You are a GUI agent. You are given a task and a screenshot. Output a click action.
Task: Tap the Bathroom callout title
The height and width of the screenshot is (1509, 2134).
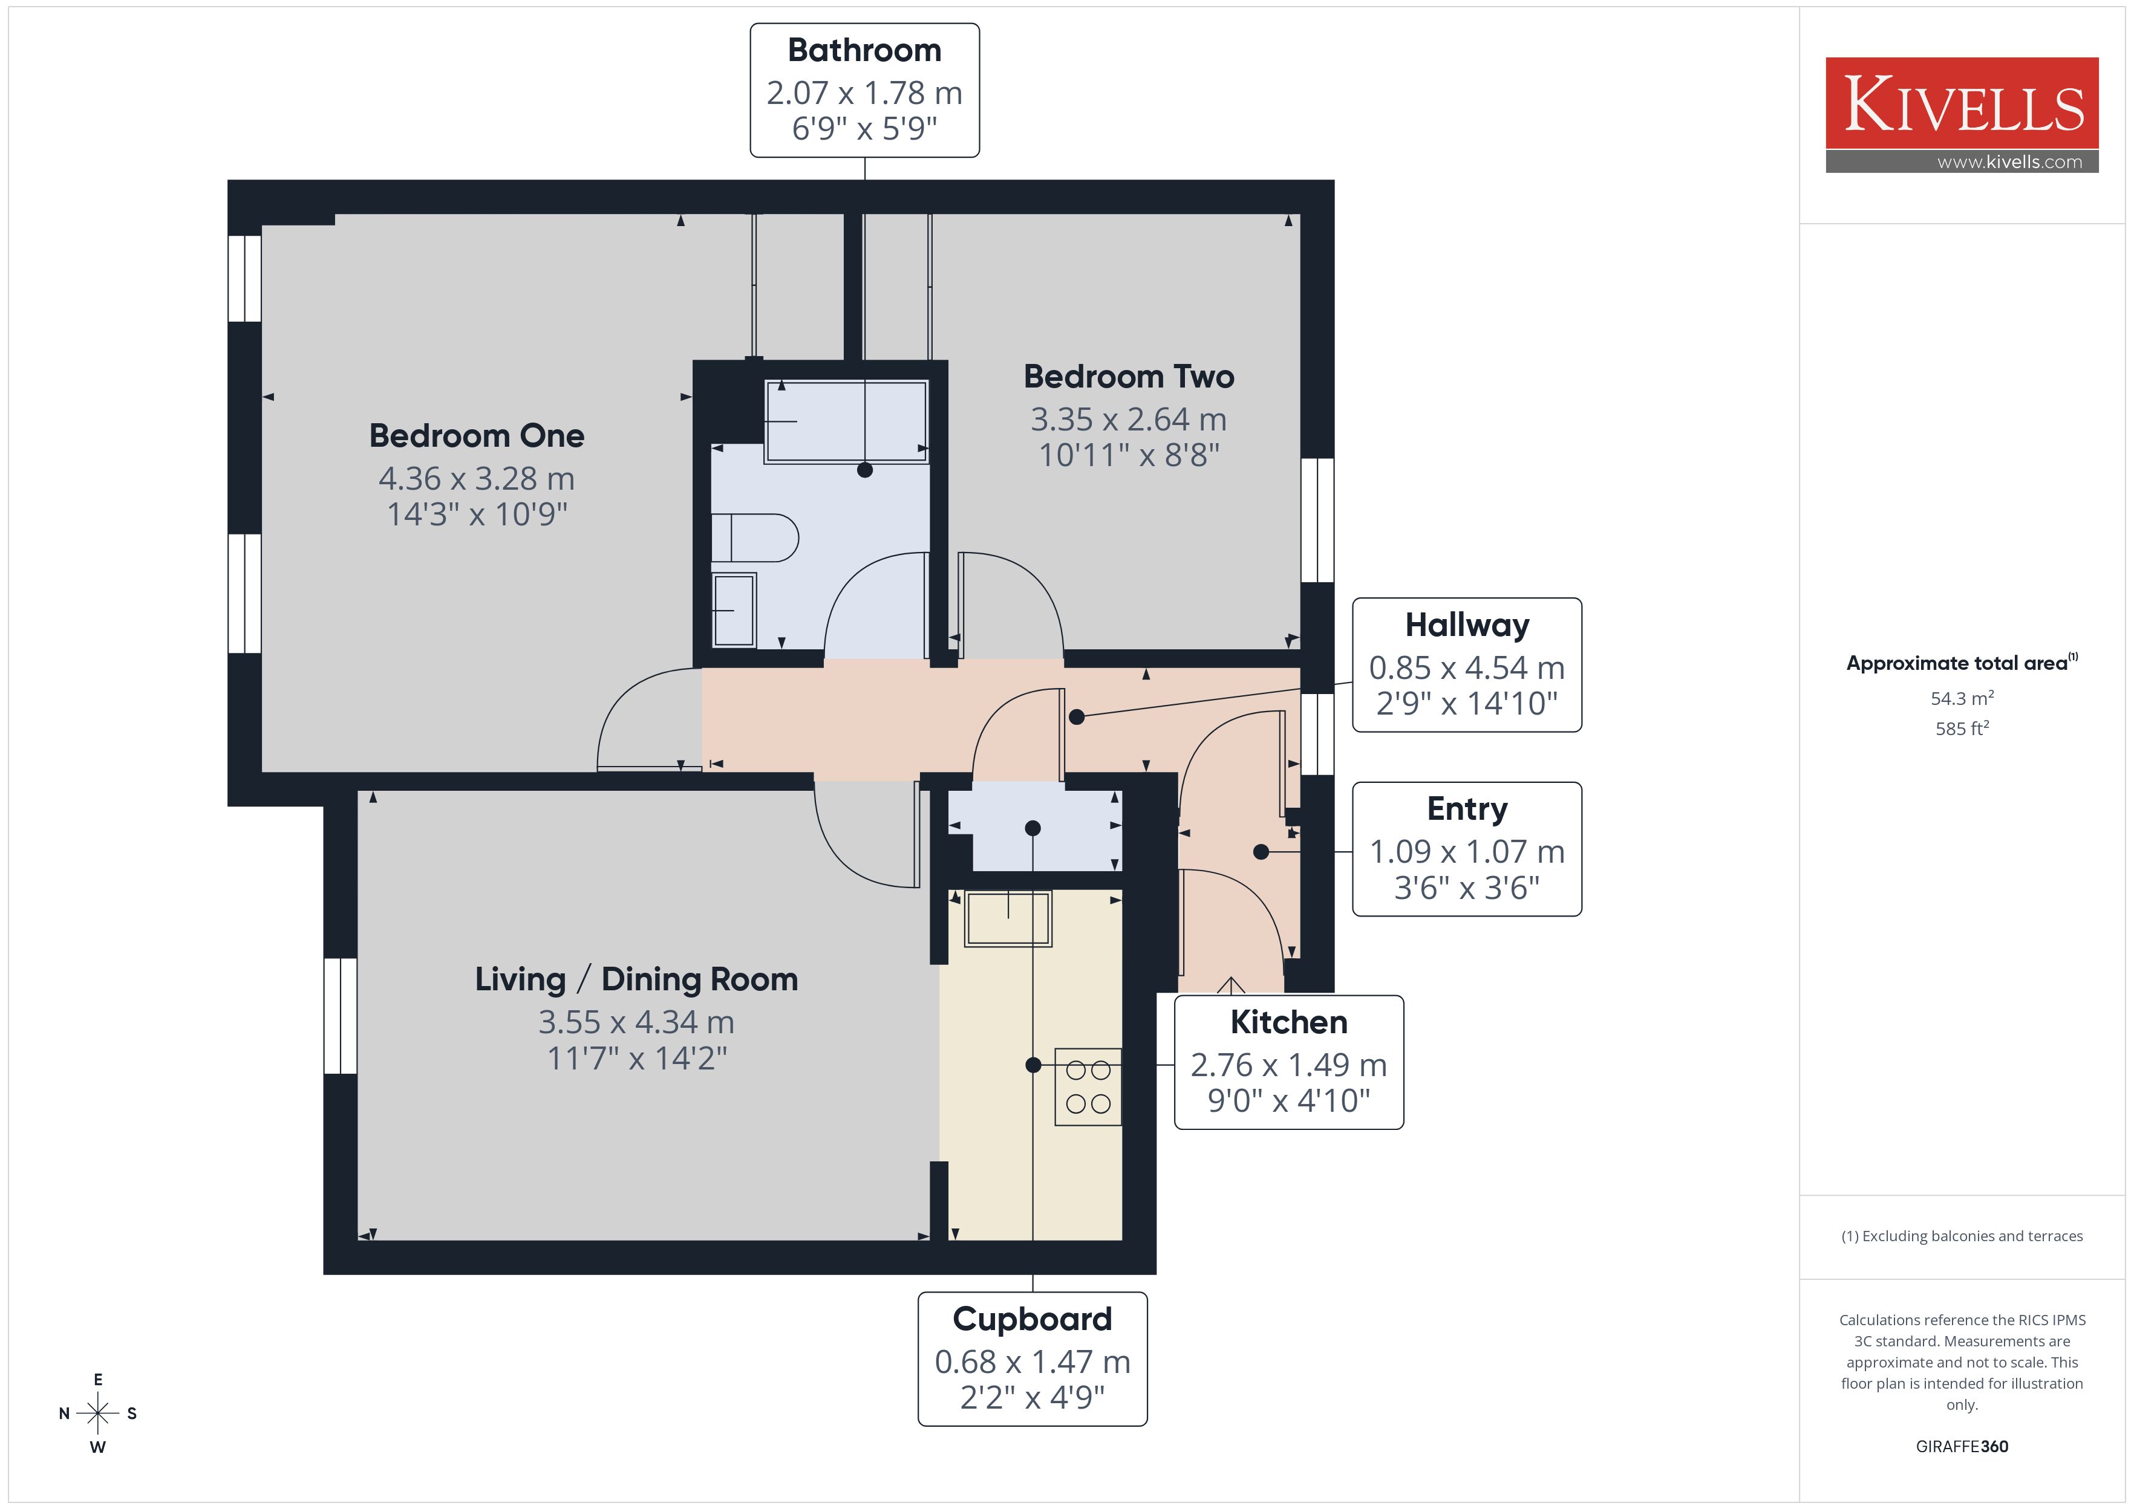pyautogui.click(x=864, y=50)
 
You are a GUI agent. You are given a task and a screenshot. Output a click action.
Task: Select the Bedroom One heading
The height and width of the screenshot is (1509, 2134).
pyautogui.click(x=477, y=436)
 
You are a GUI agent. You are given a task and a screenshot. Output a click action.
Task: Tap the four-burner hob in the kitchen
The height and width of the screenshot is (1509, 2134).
pyautogui.click(x=1088, y=1087)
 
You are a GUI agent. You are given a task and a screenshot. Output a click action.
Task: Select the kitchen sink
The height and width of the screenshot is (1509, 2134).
pyautogui.click(x=1008, y=919)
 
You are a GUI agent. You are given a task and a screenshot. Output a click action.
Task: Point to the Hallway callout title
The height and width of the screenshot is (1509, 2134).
pyautogui.click(x=1467, y=625)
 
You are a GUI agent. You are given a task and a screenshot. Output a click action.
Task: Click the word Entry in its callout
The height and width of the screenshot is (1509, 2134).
pyautogui.click(x=1467, y=810)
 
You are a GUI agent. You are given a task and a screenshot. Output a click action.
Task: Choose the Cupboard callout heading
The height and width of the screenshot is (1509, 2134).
pyautogui.click(x=1032, y=1319)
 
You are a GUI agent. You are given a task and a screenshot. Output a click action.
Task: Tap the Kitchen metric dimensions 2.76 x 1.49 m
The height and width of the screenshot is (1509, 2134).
pyautogui.click(x=1288, y=1065)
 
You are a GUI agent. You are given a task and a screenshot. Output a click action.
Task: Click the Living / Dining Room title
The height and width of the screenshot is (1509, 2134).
pyautogui.click(x=637, y=979)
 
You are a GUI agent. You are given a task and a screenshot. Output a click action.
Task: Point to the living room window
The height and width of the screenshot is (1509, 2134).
pyautogui.click(x=340, y=1016)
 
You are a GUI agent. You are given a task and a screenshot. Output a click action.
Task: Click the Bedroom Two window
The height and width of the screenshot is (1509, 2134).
pyautogui.click(x=1317, y=521)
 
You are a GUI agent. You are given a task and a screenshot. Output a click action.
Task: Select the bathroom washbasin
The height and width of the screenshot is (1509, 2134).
pyautogui.click(x=734, y=609)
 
